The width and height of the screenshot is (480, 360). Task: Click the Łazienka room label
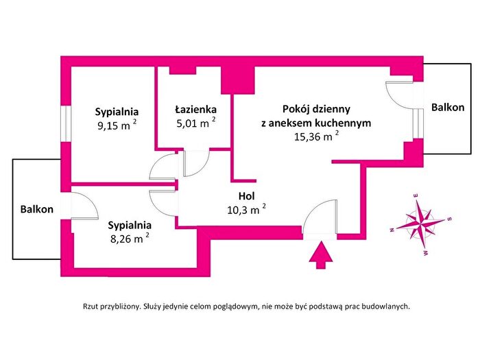tap(195, 109)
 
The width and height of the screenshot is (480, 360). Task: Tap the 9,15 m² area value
tap(117, 125)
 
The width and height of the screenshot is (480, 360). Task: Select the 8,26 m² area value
tap(130, 238)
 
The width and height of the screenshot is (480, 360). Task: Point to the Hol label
tap(246, 195)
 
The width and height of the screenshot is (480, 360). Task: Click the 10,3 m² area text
tap(246, 210)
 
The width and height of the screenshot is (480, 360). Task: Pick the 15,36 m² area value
tap(317, 136)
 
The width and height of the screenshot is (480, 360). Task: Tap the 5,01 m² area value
tap(196, 123)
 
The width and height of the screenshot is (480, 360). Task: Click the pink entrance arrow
tap(320, 255)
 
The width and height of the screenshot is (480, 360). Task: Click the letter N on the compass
tap(392, 230)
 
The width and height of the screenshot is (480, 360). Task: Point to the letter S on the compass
tap(449, 219)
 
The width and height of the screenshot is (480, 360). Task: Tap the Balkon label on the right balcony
tap(448, 108)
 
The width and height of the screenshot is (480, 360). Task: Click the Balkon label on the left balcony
tap(37, 209)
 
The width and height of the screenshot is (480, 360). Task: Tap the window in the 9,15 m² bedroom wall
tap(66, 123)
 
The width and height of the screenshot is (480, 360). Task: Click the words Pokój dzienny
tap(316, 109)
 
